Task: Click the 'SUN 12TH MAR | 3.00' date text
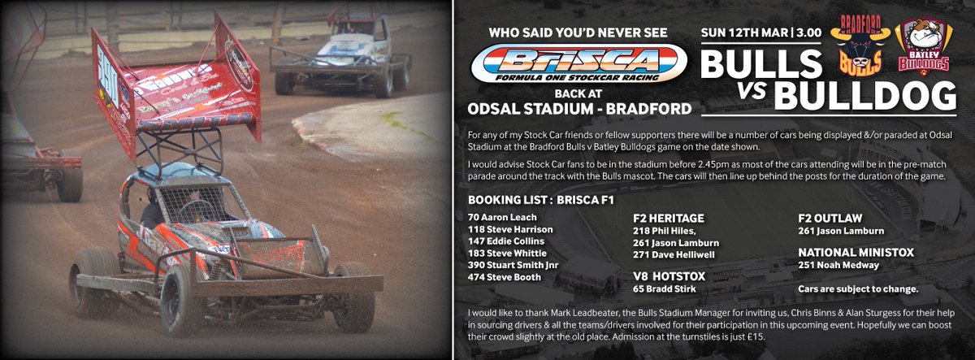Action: coord(760,35)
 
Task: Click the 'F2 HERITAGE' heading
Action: coord(668,218)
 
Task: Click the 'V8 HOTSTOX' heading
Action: coord(668,276)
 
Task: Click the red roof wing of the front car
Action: coord(175,93)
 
